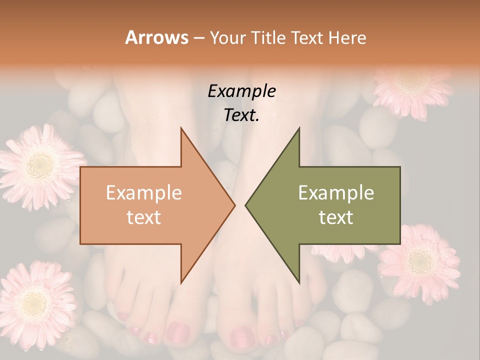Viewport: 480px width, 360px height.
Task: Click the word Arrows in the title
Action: click(156, 37)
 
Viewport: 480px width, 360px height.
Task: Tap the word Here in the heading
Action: click(347, 37)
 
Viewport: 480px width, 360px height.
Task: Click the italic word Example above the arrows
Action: click(241, 91)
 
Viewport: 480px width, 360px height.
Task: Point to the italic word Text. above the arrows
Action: click(241, 115)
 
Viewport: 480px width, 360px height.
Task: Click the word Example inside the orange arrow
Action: click(144, 193)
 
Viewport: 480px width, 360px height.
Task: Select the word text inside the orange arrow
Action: click(144, 217)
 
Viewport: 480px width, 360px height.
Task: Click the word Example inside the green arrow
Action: click(336, 193)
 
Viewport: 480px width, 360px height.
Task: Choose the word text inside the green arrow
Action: click(336, 217)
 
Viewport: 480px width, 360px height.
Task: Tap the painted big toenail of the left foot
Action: click(177, 332)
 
